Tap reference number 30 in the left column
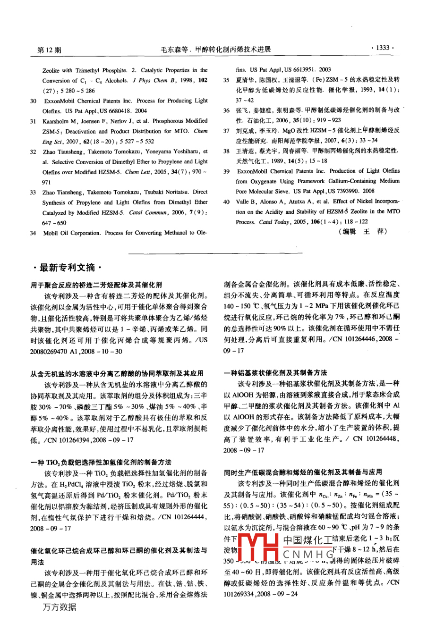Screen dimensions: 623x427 (33, 101)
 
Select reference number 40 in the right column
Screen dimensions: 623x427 (227, 202)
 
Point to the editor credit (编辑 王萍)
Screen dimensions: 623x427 (362, 231)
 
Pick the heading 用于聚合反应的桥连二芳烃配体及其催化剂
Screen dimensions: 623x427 (96, 285)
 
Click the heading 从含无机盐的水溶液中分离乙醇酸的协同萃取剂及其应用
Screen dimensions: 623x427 (117, 373)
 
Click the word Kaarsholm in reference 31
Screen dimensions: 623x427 (60, 121)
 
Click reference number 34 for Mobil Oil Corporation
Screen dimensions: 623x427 (33, 233)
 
